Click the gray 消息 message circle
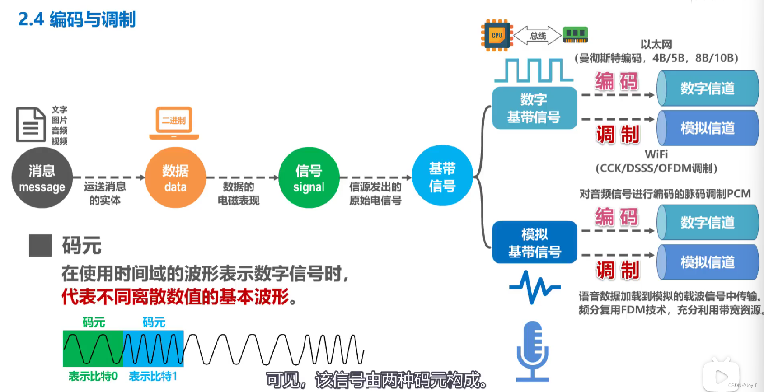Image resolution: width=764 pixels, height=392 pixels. click(x=42, y=177)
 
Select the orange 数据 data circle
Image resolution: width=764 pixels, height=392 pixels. click(x=175, y=177)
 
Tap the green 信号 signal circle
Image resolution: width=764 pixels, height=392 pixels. click(x=309, y=177)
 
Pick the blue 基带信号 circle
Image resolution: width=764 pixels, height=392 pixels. click(x=442, y=176)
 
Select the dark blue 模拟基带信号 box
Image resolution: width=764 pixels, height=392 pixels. click(x=534, y=243)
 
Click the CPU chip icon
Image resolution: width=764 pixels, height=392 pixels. click(x=497, y=35)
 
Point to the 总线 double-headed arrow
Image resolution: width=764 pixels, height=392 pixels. click(x=538, y=36)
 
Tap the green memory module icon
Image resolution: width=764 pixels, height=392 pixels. click(x=575, y=35)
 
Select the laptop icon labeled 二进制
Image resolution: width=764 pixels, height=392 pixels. click(x=174, y=123)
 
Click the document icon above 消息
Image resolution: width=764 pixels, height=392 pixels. click(x=31, y=124)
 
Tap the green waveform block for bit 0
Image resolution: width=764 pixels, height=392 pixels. click(x=93, y=348)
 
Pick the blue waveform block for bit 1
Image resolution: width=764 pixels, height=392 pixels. click(x=154, y=348)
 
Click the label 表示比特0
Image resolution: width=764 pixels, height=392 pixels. click(x=93, y=376)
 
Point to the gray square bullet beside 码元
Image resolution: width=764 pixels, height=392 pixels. click(x=40, y=245)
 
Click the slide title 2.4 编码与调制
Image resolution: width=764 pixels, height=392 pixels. click(x=77, y=19)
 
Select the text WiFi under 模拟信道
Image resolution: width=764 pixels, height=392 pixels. click(x=656, y=154)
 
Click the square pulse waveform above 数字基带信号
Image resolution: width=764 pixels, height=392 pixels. click(x=534, y=71)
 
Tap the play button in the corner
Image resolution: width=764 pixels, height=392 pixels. click(x=722, y=376)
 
